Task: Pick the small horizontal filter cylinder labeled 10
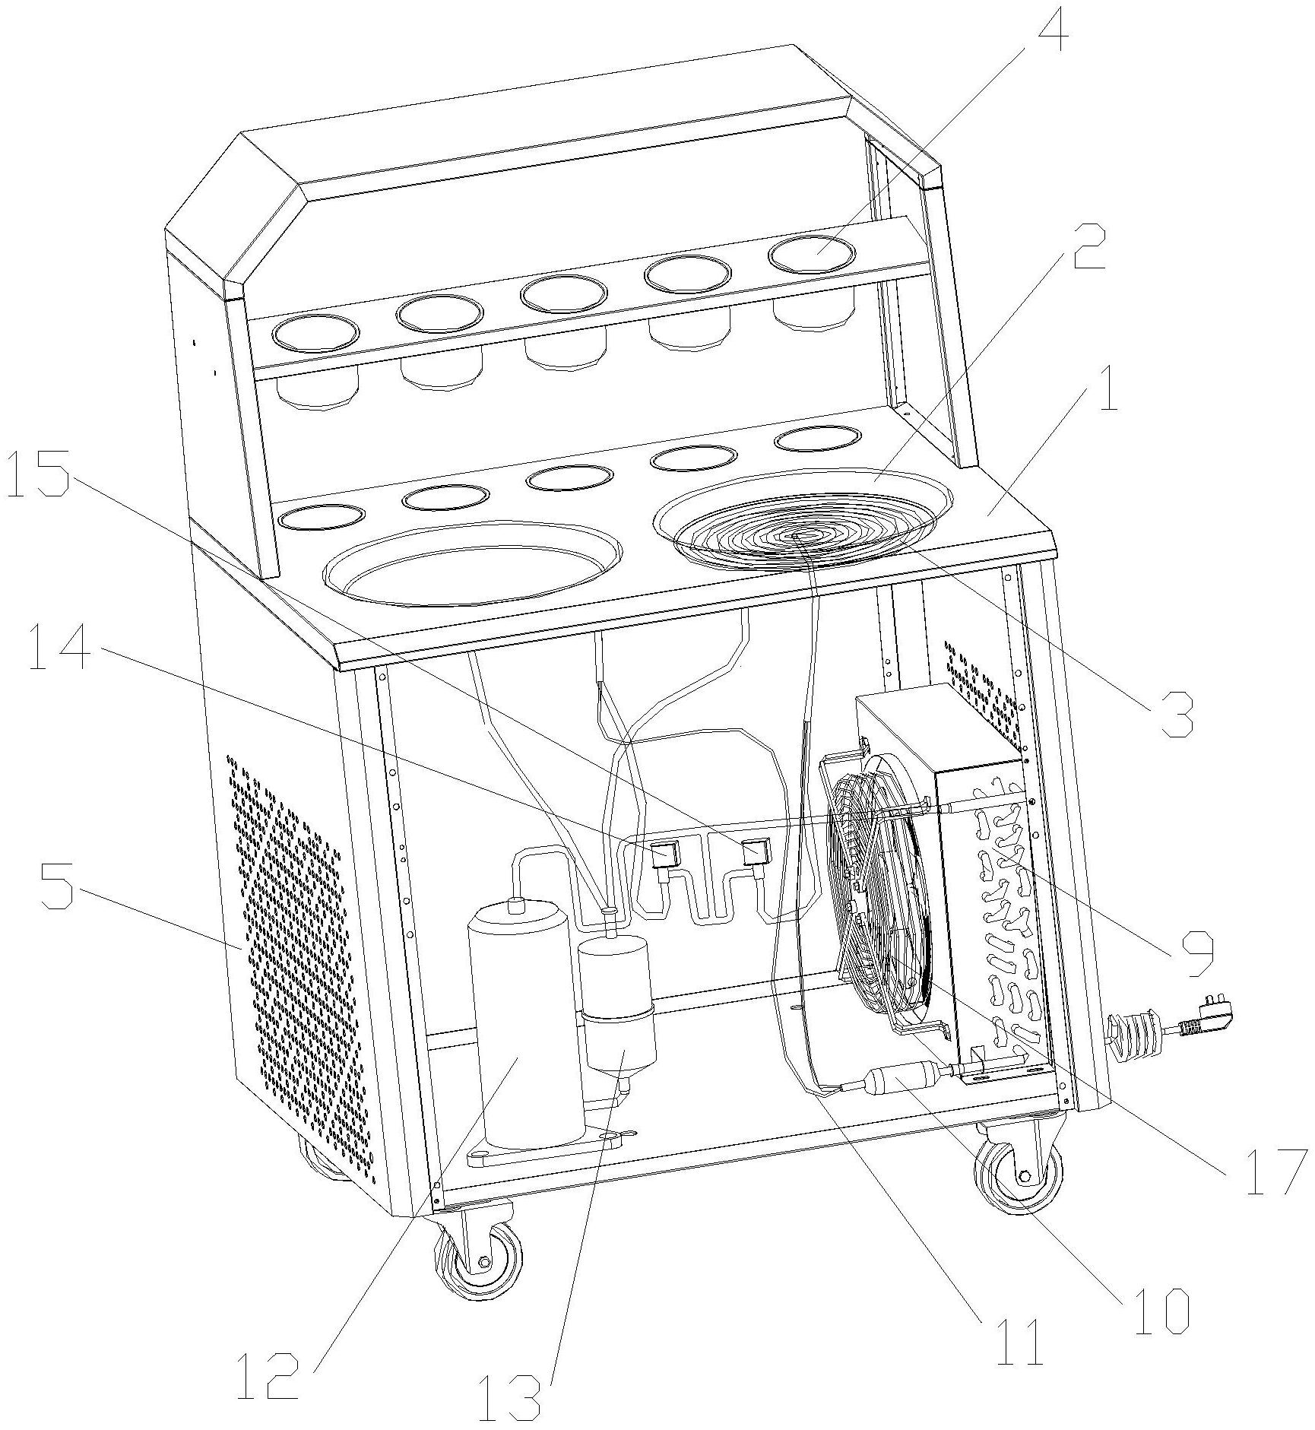click(x=897, y=1080)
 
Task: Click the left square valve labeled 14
click(x=664, y=853)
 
